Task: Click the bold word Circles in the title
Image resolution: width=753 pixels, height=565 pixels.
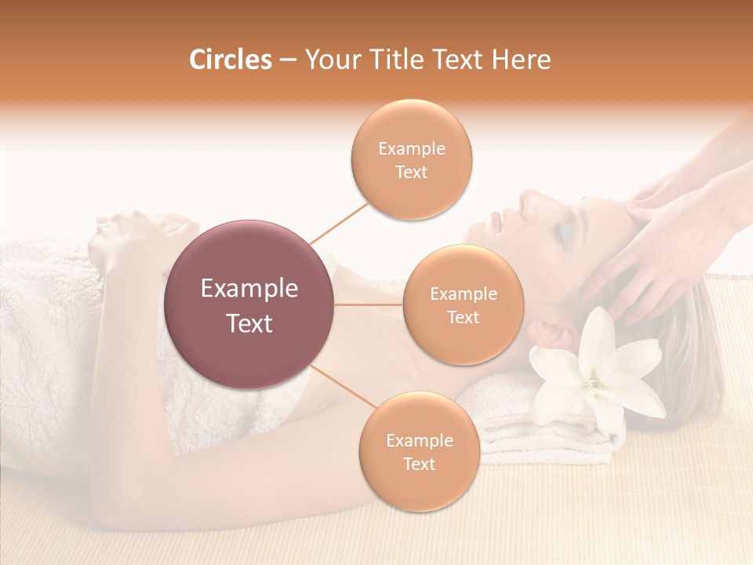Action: pyautogui.click(x=231, y=60)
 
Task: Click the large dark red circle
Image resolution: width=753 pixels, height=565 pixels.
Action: pyautogui.click(x=249, y=304)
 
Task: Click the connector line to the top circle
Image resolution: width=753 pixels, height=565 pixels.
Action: pyautogui.click(x=340, y=222)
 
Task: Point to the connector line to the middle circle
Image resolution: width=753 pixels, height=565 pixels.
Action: pyautogui.click(x=369, y=304)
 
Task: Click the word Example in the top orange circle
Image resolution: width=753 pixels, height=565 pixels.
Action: pyautogui.click(x=411, y=148)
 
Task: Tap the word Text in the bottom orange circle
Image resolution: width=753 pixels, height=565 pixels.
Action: pyautogui.click(x=419, y=464)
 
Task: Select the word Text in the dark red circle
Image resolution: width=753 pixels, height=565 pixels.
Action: pyautogui.click(x=249, y=323)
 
